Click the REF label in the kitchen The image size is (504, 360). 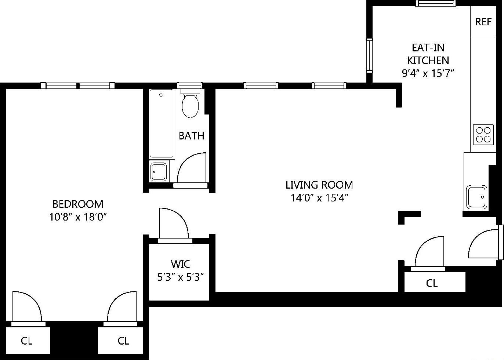[483, 22]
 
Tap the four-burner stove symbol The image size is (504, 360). [483, 134]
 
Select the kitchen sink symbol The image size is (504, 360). [477, 197]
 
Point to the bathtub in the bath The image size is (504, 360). [162, 123]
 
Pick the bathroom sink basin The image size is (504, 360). [159, 171]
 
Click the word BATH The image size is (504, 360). [191, 136]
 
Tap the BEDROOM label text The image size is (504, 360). [78, 204]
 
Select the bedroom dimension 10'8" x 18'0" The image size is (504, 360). [78, 217]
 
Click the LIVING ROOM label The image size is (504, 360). [319, 185]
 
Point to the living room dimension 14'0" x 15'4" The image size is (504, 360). [319, 198]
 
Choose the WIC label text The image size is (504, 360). [180, 264]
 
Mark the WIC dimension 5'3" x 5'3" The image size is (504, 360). [180, 277]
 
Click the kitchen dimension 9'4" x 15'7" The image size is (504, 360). [428, 73]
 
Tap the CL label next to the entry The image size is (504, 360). [432, 283]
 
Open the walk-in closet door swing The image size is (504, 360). [174, 225]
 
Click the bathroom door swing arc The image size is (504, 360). [192, 169]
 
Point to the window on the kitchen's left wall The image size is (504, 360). [369, 55]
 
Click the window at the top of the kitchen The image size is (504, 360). [436, 3]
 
